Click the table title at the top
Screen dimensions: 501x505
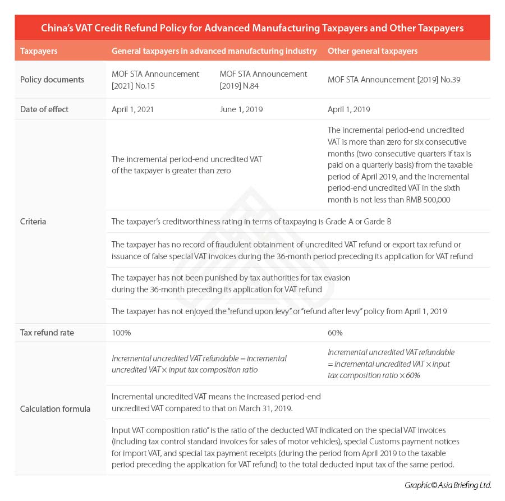point(252,27)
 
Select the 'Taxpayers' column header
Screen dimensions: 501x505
point(38,51)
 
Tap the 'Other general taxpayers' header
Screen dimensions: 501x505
point(372,51)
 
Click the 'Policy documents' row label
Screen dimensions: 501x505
point(52,80)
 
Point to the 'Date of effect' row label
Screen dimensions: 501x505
point(44,109)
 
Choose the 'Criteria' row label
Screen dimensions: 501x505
point(33,222)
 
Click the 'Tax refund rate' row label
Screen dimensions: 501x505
point(47,333)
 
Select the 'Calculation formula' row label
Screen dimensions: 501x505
point(55,408)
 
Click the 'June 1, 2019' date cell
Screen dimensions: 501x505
point(241,109)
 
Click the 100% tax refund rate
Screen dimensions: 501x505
point(121,333)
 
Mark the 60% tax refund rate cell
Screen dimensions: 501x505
point(335,333)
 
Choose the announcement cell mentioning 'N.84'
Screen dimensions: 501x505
point(263,80)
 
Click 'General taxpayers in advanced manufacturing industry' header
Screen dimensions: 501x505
point(214,51)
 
